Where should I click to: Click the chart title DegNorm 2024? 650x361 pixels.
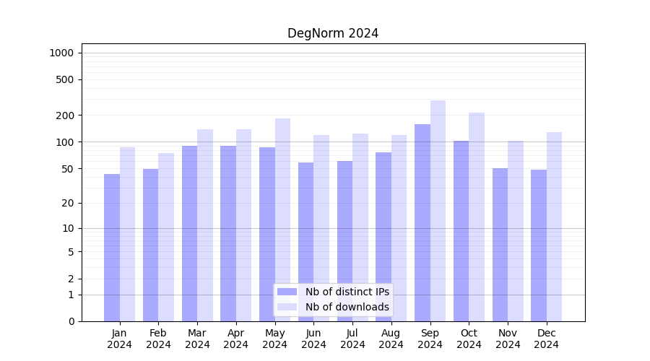coord(333,33)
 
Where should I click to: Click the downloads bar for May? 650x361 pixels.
coord(282,219)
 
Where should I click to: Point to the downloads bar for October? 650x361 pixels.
coord(477,217)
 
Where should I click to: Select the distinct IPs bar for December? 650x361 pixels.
coord(539,245)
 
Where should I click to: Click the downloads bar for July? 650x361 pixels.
coord(360,227)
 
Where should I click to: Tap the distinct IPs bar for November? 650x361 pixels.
coord(500,245)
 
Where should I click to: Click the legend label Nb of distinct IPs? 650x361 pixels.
coord(347,292)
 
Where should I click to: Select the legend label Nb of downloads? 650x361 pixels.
coord(347,307)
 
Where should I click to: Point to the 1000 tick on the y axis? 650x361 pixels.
coord(61,53)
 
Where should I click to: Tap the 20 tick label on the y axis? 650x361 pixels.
coord(68,203)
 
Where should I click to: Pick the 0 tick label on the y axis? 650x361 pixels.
coord(71,321)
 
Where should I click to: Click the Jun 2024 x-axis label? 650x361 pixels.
coord(313,339)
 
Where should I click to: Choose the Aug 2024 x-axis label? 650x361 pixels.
coord(391,339)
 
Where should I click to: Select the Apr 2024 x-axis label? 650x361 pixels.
coord(236,339)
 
